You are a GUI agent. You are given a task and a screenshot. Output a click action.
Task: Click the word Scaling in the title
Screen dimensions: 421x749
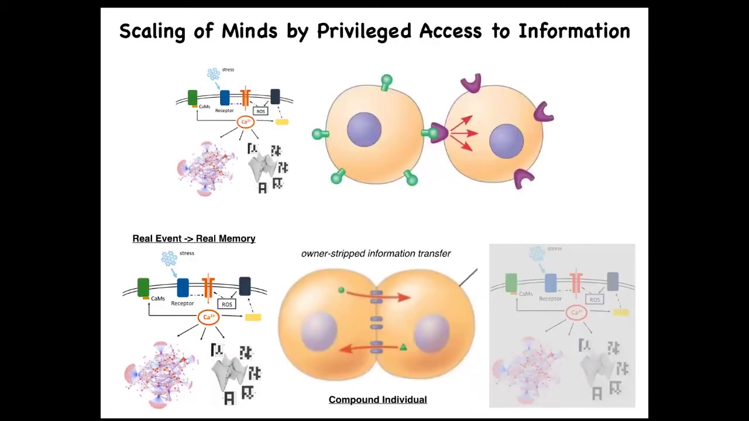point(152,31)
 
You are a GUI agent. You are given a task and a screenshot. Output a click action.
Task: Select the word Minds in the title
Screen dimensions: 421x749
point(249,31)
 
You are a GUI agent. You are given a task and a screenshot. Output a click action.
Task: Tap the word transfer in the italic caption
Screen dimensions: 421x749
point(434,254)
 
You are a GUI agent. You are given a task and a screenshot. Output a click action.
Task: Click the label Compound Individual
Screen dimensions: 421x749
point(377,400)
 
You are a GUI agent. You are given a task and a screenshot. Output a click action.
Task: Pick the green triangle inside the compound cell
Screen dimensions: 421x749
point(403,348)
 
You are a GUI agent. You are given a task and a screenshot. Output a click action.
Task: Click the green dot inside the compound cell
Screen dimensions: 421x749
point(341,289)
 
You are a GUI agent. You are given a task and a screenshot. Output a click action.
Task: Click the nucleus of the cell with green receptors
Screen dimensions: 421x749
point(364,129)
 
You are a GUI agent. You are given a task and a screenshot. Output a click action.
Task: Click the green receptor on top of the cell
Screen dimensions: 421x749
point(386,81)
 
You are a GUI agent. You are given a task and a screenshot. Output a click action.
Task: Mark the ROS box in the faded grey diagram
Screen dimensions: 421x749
point(595,299)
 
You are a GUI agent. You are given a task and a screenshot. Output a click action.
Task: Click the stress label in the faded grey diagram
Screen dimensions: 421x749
point(555,249)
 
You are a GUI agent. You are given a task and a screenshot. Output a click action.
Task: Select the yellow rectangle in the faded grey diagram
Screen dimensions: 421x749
point(621,312)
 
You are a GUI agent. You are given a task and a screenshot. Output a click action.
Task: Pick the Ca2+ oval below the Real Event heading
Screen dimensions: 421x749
point(208,317)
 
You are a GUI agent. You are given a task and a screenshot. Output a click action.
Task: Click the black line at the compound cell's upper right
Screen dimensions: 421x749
point(468,278)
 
